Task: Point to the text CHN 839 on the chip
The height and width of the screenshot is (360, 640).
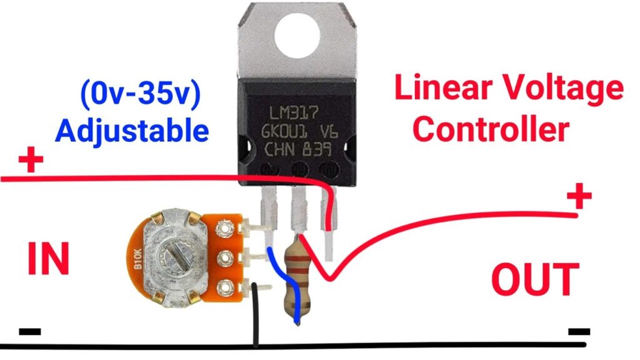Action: coord(296,150)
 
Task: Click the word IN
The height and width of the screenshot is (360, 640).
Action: coord(47,259)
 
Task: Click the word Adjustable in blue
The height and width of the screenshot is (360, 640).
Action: coord(131,131)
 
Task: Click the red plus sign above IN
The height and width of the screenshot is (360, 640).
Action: coord(31,162)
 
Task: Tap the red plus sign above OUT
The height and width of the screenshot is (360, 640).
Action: coord(579,198)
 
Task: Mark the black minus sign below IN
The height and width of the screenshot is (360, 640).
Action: coord(29,330)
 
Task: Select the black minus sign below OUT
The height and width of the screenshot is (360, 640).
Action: coord(579,331)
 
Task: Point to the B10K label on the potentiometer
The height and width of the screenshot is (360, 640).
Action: coord(137,261)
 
